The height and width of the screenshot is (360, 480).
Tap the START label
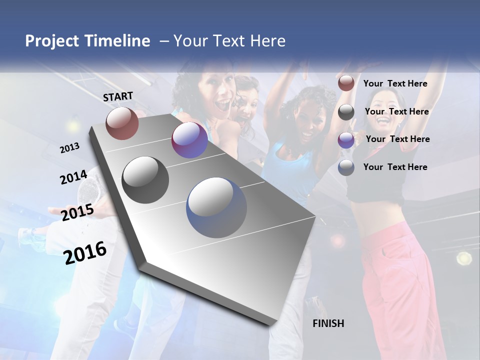click(118, 96)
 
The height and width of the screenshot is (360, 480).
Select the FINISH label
click(328, 323)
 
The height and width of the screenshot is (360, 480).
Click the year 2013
click(70, 148)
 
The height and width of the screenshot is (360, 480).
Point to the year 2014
click(74, 177)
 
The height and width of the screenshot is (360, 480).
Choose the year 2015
click(77, 212)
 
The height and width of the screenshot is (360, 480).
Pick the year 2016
click(85, 252)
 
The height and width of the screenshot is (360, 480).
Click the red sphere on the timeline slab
click(122, 123)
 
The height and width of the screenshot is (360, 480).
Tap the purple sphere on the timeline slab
click(189, 140)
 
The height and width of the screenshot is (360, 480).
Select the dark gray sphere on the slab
click(145, 180)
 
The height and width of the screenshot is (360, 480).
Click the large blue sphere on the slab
click(217, 207)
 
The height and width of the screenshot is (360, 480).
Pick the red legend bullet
click(346, 83)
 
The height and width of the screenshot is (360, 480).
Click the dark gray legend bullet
click(346, 112)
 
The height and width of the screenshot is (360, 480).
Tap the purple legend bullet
click(346, 140)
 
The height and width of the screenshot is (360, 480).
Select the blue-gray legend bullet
click(346, 167)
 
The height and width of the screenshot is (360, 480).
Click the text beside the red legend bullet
click(395, 84)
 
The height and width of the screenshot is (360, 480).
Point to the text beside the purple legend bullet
click(397, 139)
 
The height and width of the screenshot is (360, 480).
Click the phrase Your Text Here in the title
click(229, 41)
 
